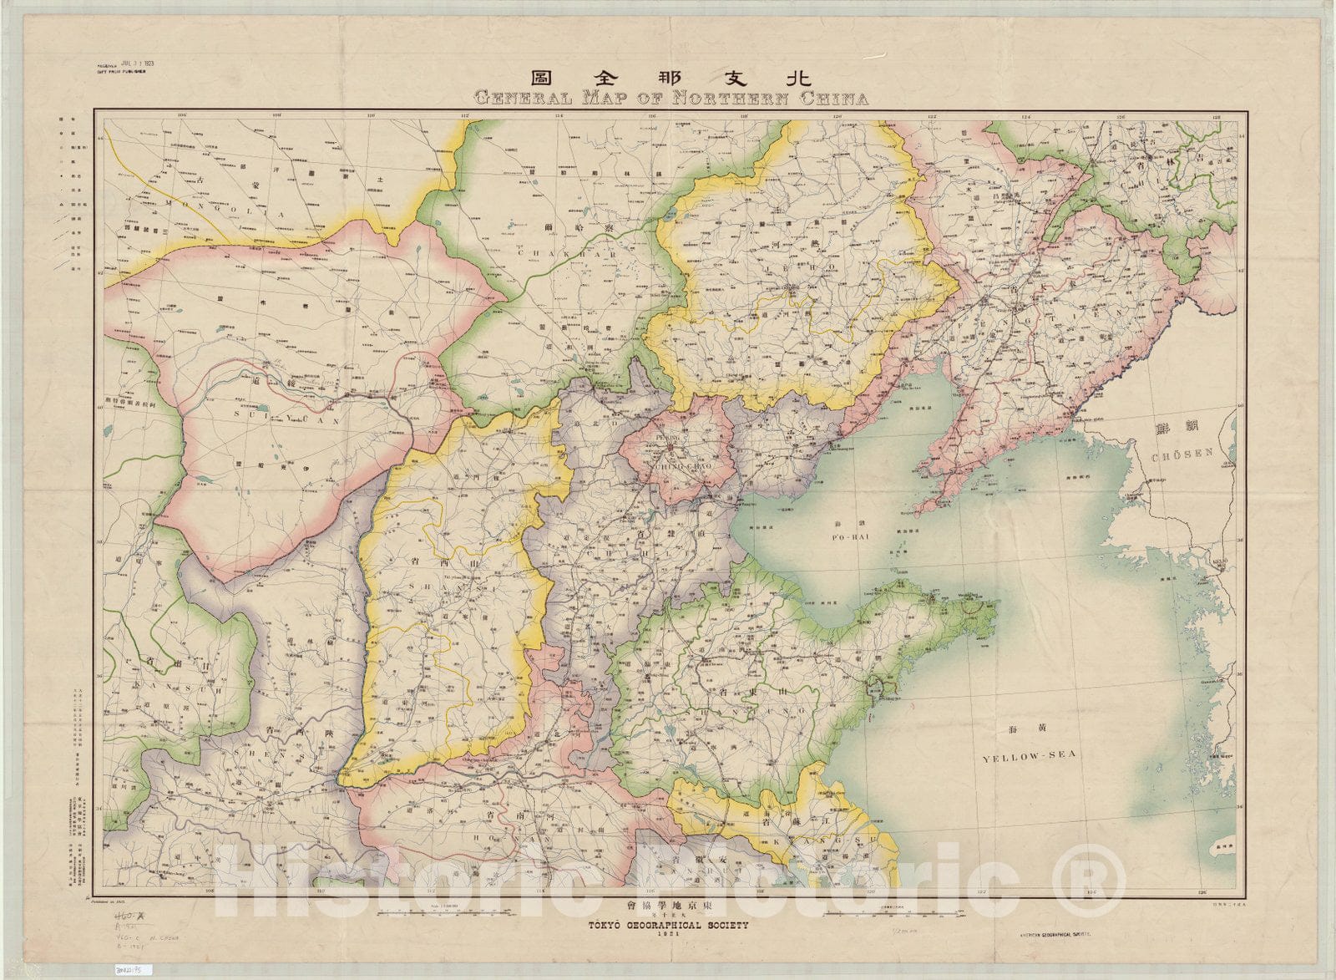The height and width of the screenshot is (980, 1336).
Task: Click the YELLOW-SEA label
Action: pyautogui.click(x=1029, y=757)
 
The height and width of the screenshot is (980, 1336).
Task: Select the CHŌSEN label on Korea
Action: pyautogui.click(x=1181, y=457)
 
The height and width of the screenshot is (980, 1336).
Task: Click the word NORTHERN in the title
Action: pyautogui.click(x=736, y=99)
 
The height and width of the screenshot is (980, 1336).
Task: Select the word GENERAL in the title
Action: pyautogui.click(x=522, y=99)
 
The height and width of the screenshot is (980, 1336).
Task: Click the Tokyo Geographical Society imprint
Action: pyautogui.click(x=668, y=926)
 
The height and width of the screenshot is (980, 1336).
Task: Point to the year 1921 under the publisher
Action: pyautogui.click(x=668, y=936)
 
